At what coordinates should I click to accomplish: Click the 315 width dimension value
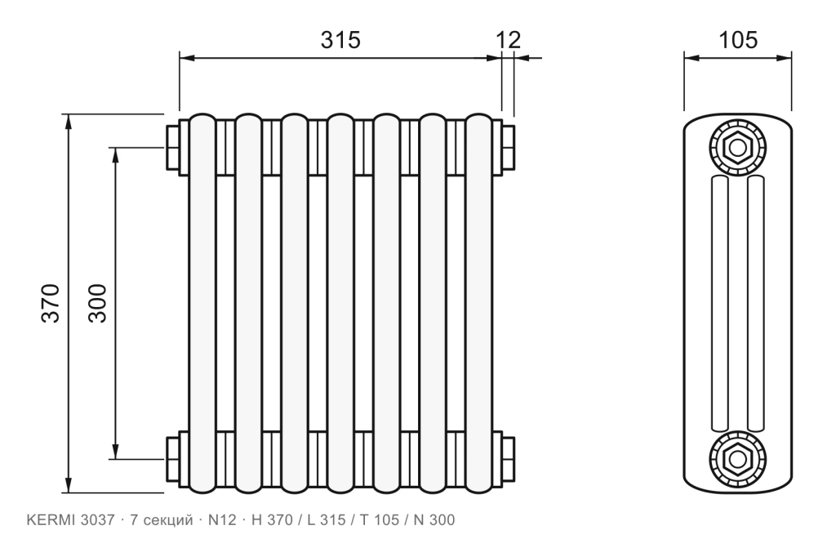coord(340,40)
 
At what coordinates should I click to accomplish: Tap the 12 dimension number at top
coord(508,40)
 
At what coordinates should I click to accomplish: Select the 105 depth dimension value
coord(738,40)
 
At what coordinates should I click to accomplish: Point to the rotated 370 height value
coord(51,303)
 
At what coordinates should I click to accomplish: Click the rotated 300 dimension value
coord(98,303)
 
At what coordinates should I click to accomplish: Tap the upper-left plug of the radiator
coord(172,148)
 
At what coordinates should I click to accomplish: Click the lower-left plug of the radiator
coord(172,459)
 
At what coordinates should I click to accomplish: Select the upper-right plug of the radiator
coord(508,148)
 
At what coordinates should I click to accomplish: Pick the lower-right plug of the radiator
coord(508,459)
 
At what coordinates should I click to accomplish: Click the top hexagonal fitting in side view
coord(738,148)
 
